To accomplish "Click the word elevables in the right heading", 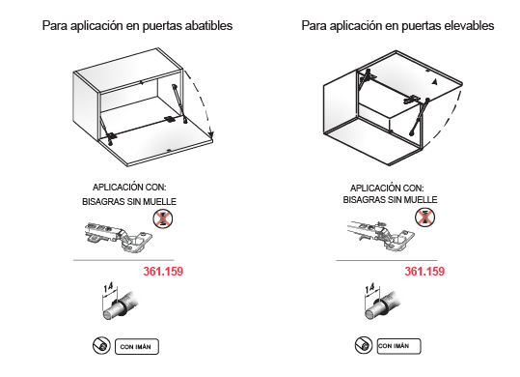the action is pyautogui.click(x=469, y=25).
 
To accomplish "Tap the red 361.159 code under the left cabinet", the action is pyautogui.click(x=163, y=272).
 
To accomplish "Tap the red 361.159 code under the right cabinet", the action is pyautogui.click(x=424, y=272).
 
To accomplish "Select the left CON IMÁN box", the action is pyautogui.click(x=137, y=346).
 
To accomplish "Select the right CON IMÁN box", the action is pyautogui.click(x=398, y=346).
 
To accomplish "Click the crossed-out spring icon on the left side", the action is pyautogui.click(x=163, y=218).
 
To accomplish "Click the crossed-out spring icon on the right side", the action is pyautogui.click(x=424, y=217).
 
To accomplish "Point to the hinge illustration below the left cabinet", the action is pyautogui.click(x=119, y=236).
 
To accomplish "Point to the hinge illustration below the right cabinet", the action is pyautogui.click(x=381, y=235).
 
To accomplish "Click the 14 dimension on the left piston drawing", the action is pyautogui.click(x=108, y=287).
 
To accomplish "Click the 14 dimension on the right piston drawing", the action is pyautogui.click(x=369, y=288).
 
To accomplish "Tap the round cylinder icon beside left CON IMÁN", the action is pyautogui.click(x=101, y=346).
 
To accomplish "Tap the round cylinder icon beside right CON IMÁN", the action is pyautogui.click(x=364, y=345).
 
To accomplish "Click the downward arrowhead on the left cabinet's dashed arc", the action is pyautogui.click(x=211, y=134).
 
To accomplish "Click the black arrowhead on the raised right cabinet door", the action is pyautogui.click(x=435, y=82).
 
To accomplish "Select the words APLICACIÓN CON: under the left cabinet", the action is pyautogui.click(x=129, y=188).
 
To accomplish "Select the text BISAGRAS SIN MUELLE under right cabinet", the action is pyautogui.click(x=390, y=200).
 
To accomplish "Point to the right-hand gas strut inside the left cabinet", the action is pyautogui.click(x=179, y=104).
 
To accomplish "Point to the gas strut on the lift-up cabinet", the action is pyautogui.click(x=419, y=117).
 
